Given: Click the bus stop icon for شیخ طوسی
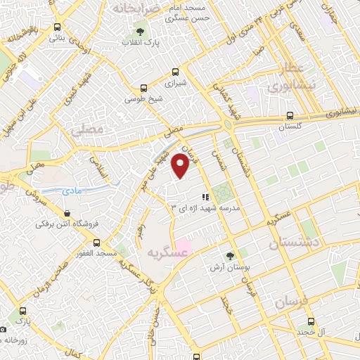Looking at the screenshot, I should pyautogui.click(x=144, y=89).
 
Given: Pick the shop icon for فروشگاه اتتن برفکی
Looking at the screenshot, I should pyautogui.click(x=67, y=214).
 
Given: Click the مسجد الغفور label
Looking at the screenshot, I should pyautogui.click(x=96, y=252).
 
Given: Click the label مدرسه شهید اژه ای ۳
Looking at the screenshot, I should pyautogui.click(x=206, y=208).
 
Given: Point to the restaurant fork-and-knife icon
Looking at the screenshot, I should pyautogui.click(x=206, y=197).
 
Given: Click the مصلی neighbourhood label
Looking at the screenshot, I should pyautogui.click(x=88, y=129).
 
